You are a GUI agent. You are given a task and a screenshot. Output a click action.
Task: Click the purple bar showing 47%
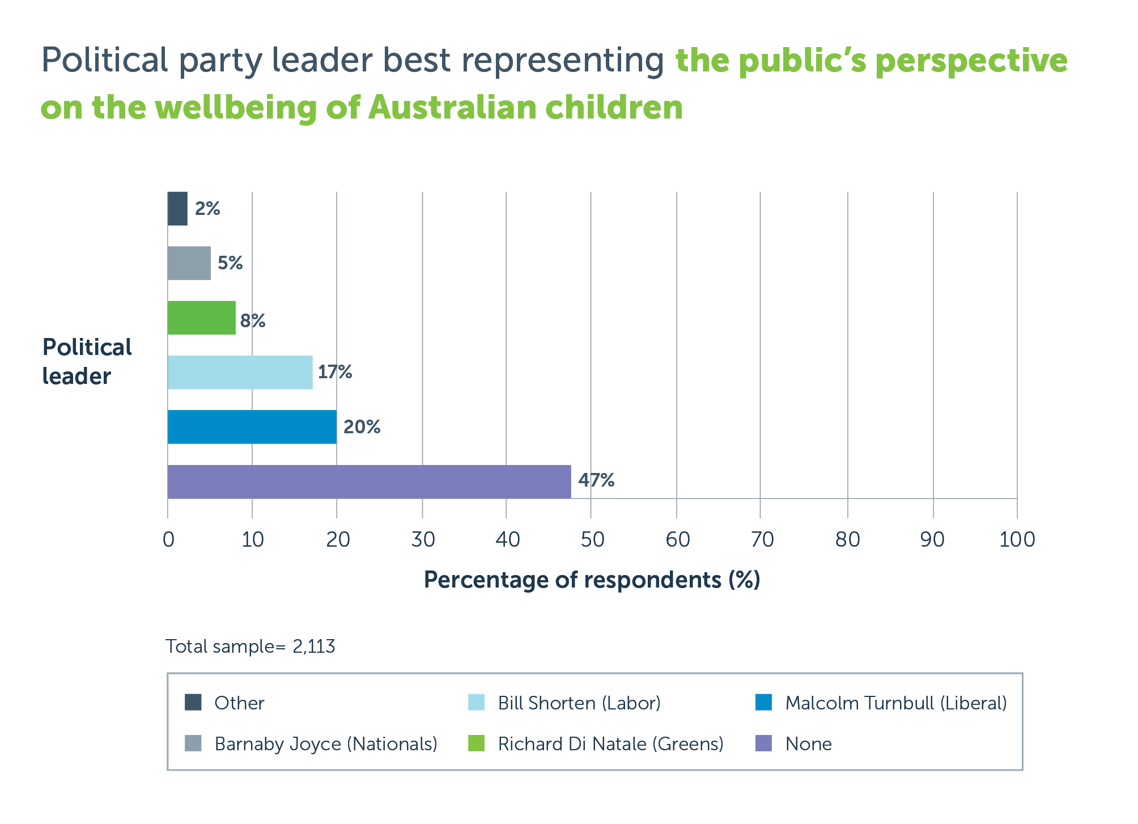[369, 481]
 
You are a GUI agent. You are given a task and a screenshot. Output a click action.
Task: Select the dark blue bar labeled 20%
[252, 427]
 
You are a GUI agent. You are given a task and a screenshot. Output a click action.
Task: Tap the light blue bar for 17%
[240, 373]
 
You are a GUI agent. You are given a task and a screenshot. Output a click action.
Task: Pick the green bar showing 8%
[201, 318]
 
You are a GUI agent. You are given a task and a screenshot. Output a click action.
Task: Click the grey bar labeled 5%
[189, 263]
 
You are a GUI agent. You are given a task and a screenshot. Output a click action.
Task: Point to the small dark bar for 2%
[177, 209]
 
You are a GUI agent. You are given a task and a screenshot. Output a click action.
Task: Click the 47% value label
[596, 480]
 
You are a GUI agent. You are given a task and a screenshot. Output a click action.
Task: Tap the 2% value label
[207, 209]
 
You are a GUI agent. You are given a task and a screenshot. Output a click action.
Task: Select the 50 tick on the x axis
[592, 539]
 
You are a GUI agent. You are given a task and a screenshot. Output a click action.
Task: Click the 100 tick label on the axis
[1017, 539]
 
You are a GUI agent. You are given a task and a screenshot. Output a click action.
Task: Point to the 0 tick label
[168, 539]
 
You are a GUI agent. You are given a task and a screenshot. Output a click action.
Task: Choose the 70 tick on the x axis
[762, 539]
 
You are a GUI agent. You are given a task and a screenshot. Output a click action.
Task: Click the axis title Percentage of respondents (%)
[592, 580]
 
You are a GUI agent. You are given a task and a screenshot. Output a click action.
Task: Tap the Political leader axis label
[86, 362]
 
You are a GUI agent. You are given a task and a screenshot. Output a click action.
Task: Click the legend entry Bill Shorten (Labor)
[579, 703]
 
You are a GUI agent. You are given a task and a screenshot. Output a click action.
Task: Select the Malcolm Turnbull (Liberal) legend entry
[895, 703]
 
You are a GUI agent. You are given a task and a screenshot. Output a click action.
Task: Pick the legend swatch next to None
[764, 743]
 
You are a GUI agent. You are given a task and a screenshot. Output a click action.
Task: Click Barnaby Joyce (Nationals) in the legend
[326, 744]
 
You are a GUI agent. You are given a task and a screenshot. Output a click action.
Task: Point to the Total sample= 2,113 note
[250, 646]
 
